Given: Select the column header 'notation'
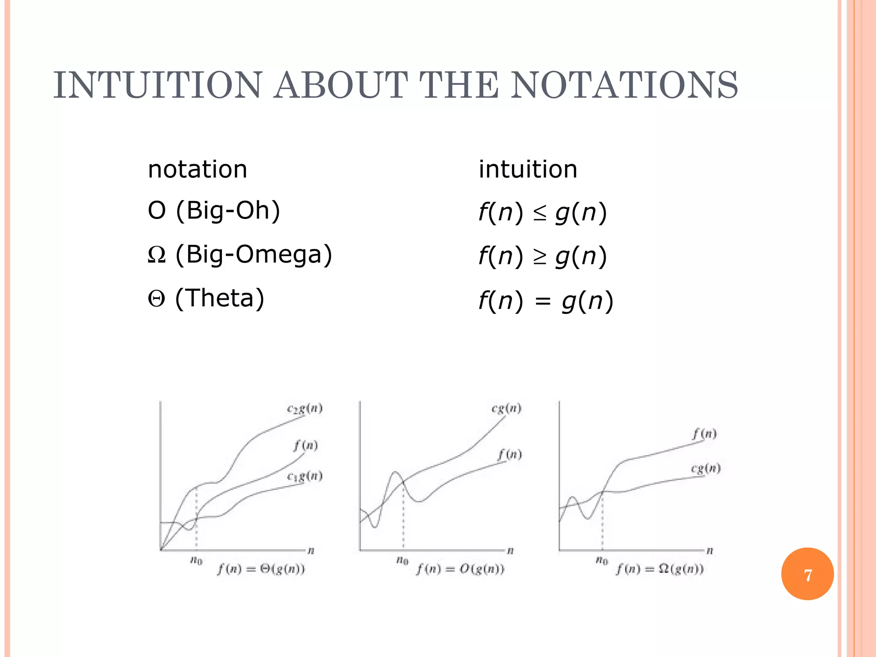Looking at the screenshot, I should coord(197,169).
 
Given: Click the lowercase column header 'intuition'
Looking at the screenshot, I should coord(528,169).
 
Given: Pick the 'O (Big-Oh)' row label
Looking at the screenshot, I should coord(214,210).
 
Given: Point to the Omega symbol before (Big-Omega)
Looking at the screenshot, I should coord(157,255).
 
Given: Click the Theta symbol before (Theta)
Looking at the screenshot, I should coord(157,299).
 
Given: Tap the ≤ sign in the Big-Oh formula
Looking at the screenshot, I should coord(540,213).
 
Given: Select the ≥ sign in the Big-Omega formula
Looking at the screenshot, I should coord(540,257).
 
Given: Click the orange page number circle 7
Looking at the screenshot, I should coord(807,574).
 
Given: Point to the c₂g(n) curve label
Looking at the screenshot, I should coord(305,409).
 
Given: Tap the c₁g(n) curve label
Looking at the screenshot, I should coord(305,476).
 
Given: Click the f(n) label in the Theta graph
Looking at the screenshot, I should coord(305,446).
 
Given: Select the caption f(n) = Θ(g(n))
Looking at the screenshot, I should coord(261,569).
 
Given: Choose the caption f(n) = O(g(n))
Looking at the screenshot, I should coord(461,569).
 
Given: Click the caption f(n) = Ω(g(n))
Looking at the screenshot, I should coord(660,569).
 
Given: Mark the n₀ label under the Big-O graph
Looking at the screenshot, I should coord(402,560).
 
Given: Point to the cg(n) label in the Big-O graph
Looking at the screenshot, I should coord(506,408).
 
